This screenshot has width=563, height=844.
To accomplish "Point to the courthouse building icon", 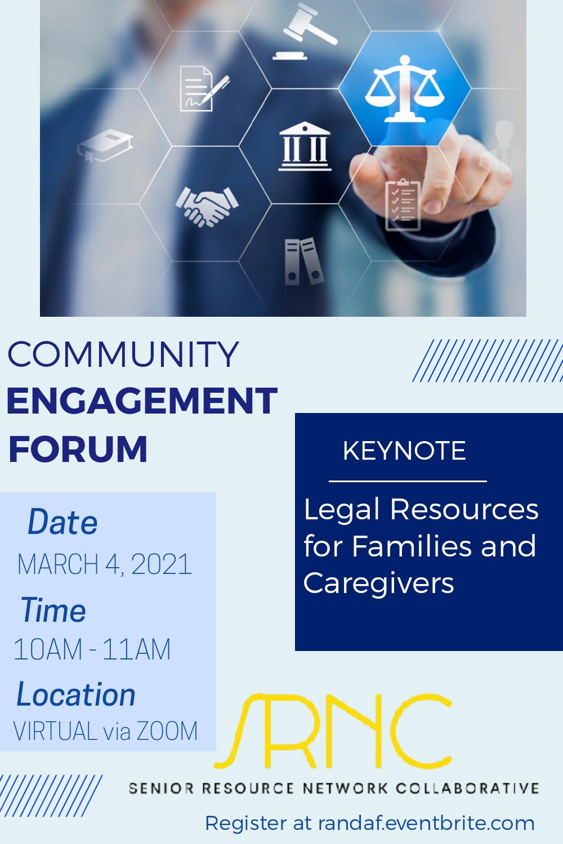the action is coord(305,146).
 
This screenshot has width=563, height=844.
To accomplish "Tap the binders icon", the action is coord(304,261).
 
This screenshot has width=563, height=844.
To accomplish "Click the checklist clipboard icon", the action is coord(403,205).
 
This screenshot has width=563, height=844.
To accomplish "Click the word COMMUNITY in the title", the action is coord(123,354).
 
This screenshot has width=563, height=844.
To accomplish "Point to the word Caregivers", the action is coord(378,583).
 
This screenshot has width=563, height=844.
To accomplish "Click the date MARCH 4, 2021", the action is coord(105,564).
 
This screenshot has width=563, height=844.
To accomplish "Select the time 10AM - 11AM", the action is coord(92,649).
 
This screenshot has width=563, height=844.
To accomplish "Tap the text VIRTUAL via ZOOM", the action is coord(106,731).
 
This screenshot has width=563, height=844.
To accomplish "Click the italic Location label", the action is coord(76,694).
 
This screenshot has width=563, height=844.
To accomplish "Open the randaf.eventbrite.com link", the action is coord(427,823).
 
